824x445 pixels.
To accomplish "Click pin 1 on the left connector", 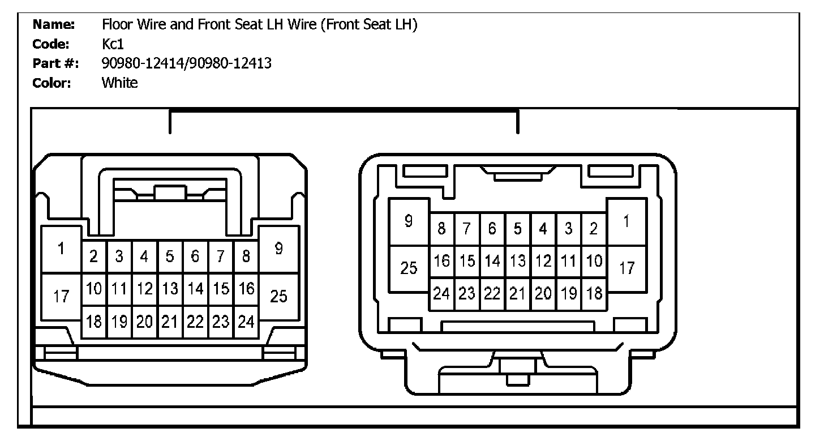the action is (x=61, y=249).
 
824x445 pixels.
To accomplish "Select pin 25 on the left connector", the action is (x=278, y=295).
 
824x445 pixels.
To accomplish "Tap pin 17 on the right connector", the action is (x=626, y=268).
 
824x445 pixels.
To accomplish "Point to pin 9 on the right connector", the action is (x=409, y=221).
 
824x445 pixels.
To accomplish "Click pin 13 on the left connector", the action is (x=170, y=289).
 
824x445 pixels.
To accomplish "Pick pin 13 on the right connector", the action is (x=517, y=262).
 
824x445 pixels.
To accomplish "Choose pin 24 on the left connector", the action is (x=246, y=322).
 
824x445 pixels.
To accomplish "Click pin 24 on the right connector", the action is (x=441, y=294).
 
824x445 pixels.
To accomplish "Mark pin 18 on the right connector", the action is (x=594, y=294).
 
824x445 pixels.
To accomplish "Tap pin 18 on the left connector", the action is (x=93, y=322).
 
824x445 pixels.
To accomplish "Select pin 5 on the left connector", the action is (x=170, y=256).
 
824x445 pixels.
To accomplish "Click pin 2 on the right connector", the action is (x=594, y=229).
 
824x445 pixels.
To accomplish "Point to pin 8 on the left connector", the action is (x=246, y=256).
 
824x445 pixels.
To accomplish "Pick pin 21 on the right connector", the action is (x=517, y=294).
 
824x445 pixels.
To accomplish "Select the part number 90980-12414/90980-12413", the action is (x=186, y=63).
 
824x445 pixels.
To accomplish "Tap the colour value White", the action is (x=119, y=83).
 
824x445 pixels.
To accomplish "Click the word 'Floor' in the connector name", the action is (x=115, y=24).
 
